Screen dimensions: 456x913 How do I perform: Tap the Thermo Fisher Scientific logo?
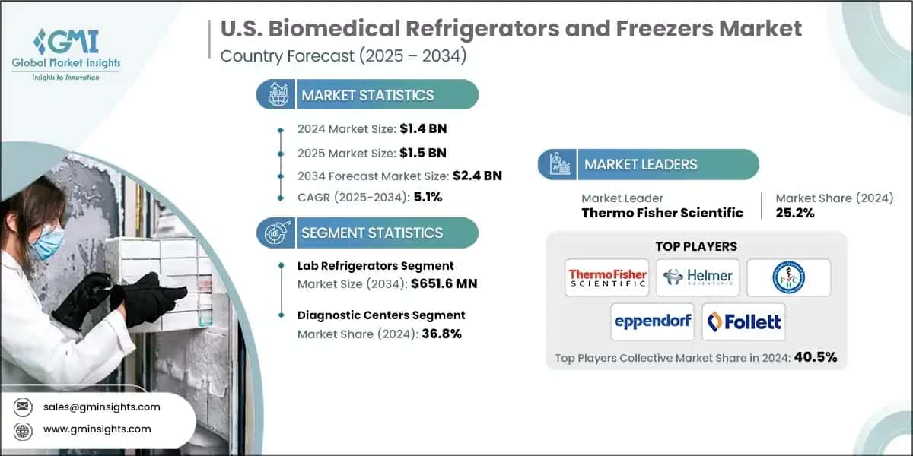pos(607,277)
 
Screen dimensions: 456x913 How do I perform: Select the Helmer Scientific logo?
pos(697,277)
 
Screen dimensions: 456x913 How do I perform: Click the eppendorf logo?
pos(652,321)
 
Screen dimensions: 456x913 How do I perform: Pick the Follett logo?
pos(743,321)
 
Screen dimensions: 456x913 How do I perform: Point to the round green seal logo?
pos(787,277)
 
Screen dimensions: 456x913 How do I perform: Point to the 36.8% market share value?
pos(441,334)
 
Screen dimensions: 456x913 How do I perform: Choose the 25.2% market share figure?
pos(795,213)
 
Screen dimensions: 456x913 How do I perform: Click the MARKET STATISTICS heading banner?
pos(367,95)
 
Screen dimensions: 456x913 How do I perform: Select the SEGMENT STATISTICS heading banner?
pos(367,233)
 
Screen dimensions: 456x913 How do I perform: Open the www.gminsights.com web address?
pos(97,429)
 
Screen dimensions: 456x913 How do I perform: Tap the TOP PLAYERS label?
pos(696,246)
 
